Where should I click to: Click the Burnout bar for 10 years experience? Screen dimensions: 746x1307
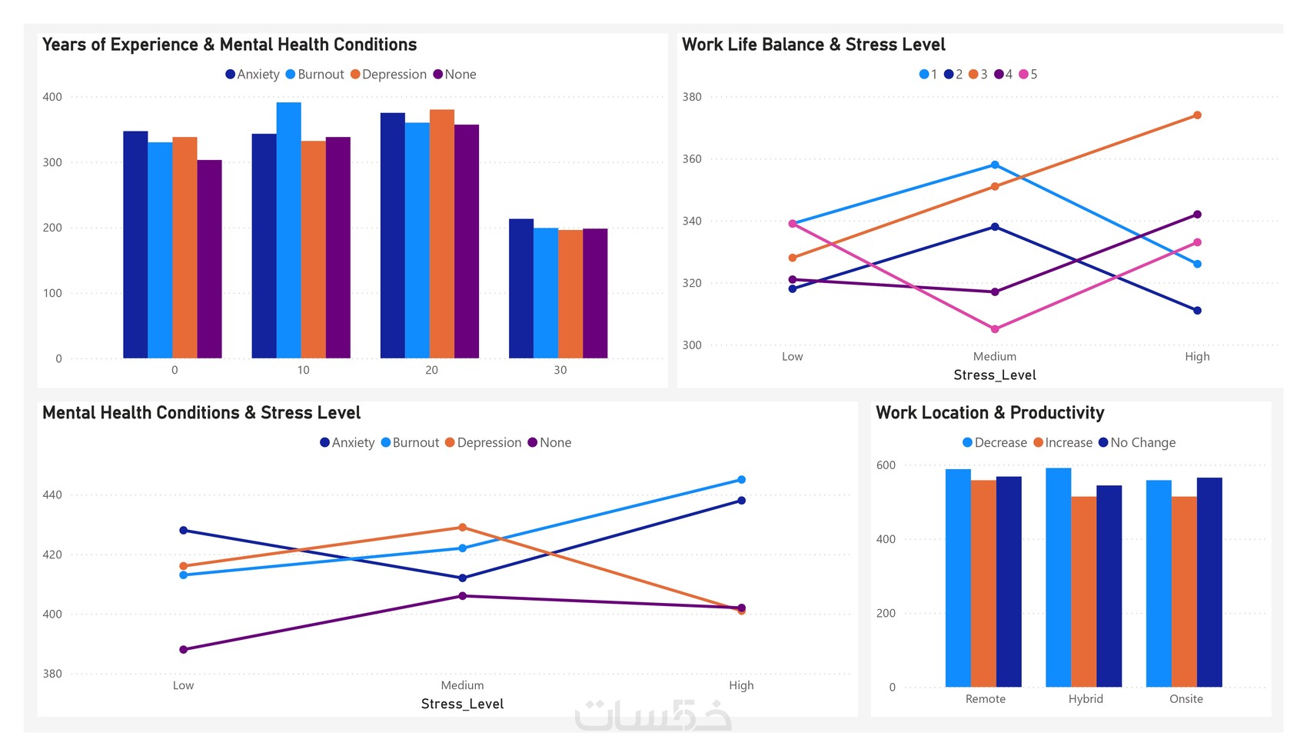click(289, 231)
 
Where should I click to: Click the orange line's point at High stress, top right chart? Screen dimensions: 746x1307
click(1197, 115)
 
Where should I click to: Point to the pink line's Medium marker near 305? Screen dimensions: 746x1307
click(995, 329)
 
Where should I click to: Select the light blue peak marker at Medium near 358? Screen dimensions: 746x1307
click(995, 165)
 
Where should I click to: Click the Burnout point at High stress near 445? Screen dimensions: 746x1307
click(741, 480)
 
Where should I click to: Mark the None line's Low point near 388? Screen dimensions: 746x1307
click(183, 650)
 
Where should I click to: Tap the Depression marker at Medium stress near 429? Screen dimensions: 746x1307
click(462, 528)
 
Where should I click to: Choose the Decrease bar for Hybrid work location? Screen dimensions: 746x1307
click(1058, 577)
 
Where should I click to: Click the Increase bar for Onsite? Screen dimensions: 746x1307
click(1184, 592)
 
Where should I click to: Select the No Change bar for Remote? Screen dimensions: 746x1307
click(1009, 581)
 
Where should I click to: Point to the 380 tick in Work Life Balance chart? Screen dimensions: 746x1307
click(692, 97)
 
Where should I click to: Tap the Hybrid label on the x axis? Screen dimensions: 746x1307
click(1086, 699)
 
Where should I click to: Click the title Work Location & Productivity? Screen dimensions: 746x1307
click(989, 413)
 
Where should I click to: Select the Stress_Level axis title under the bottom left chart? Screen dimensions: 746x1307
click(462, 704)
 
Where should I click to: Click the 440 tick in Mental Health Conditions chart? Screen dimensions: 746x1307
click(52, 495)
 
